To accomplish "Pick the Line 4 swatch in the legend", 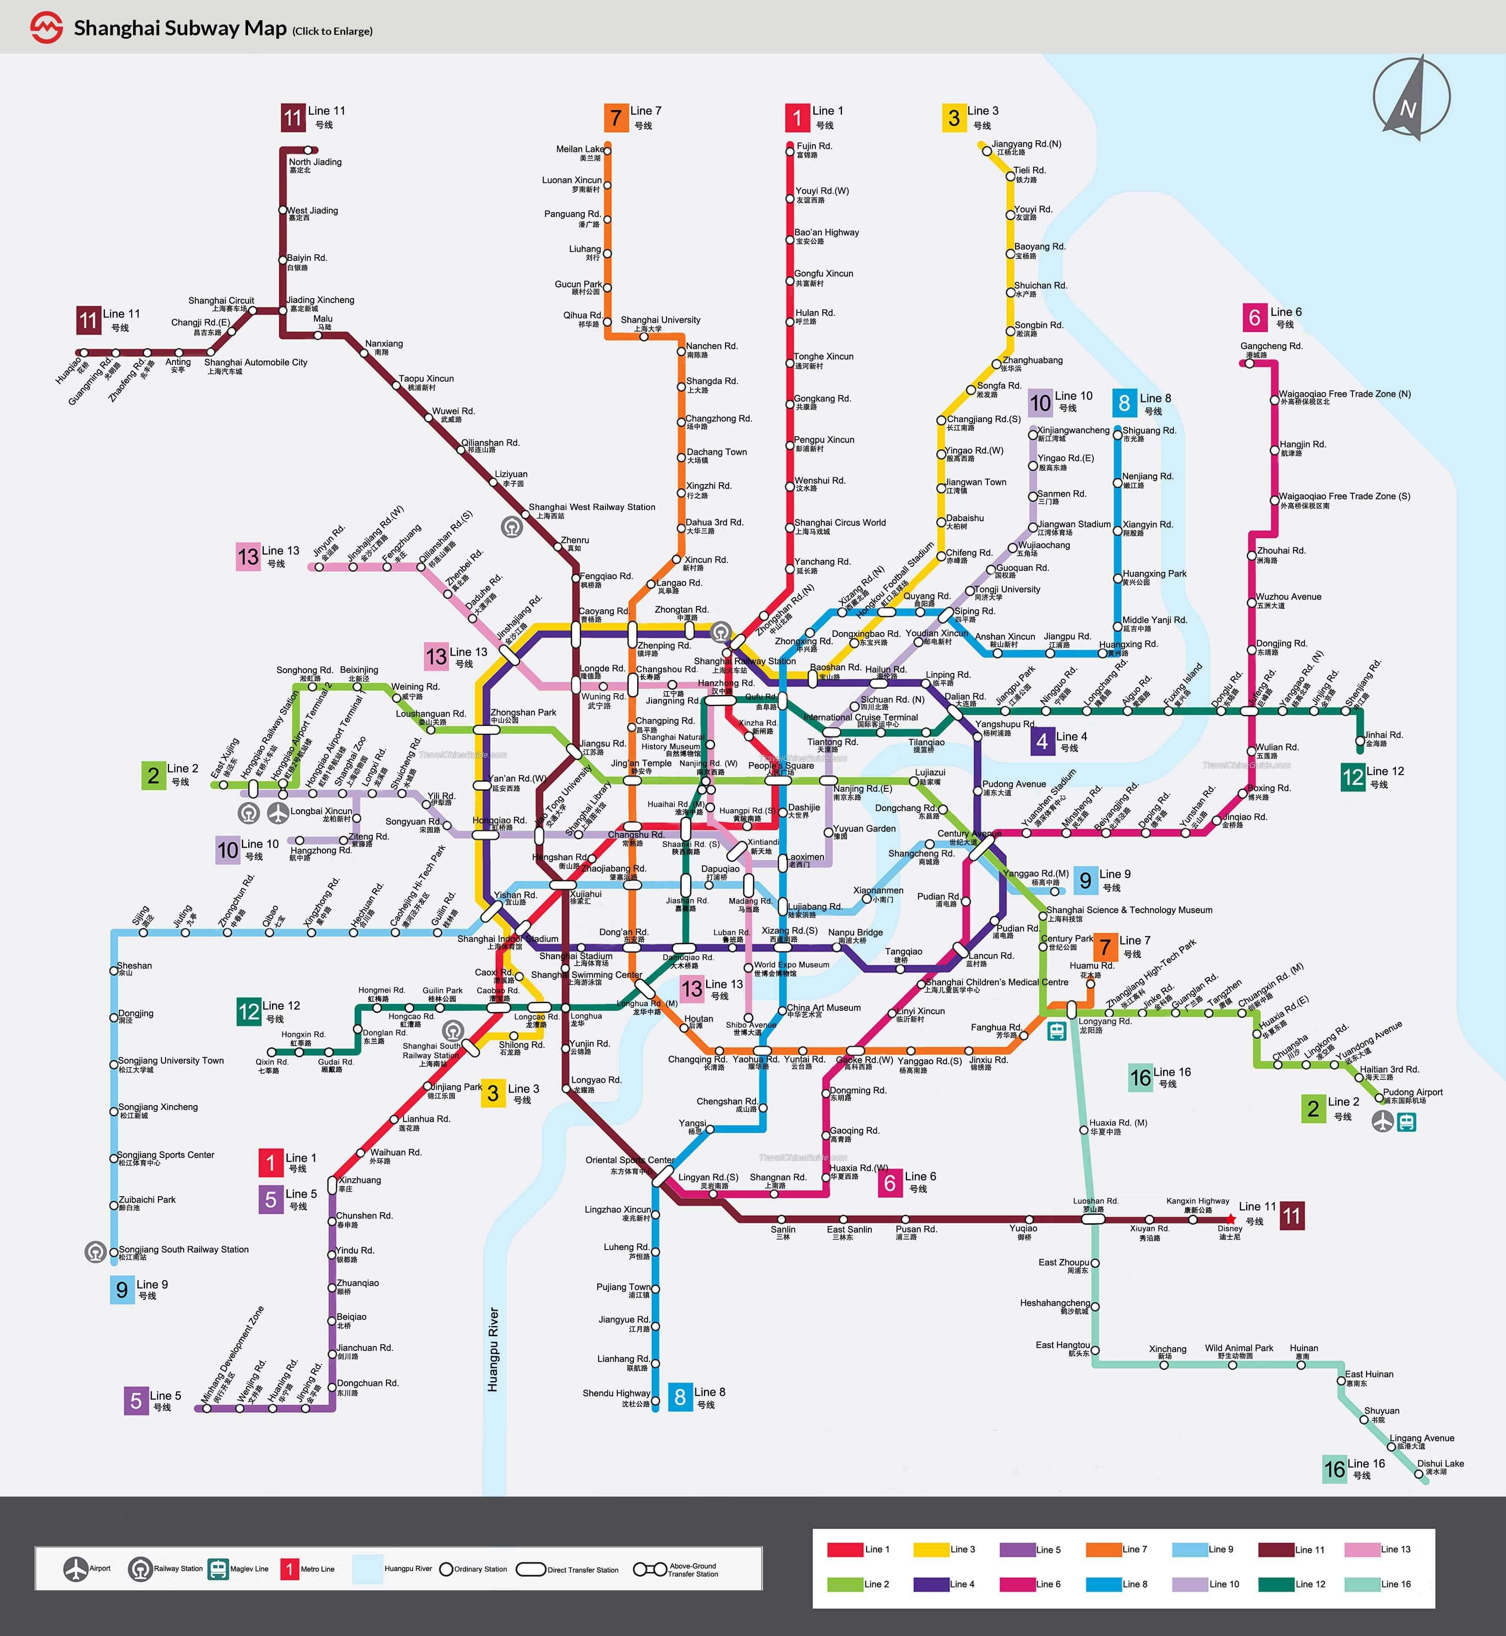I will [931, 1584].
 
